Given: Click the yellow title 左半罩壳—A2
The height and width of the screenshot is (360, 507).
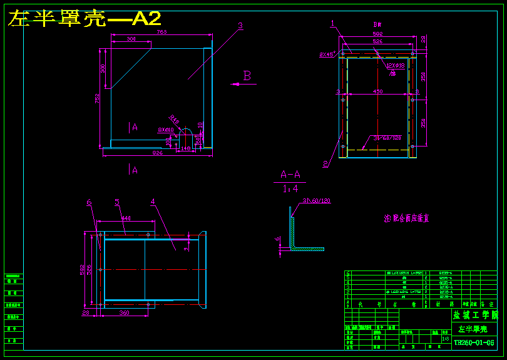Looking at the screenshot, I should [x=84, y=19].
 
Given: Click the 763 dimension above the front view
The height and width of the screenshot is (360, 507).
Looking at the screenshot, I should [x=161, y=32].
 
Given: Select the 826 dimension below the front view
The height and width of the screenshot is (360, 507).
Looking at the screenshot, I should [x=157, y=152].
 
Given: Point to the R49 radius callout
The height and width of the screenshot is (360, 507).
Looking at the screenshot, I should [x=174, y=120].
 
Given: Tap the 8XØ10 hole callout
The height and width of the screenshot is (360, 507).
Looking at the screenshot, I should [x=165, y=130].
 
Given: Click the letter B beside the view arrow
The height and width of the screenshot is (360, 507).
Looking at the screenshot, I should [x=247, y=76].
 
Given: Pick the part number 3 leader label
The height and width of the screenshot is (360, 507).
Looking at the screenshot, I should [x=240, y=26].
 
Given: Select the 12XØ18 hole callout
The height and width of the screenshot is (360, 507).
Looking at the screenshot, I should [x=395, y=65].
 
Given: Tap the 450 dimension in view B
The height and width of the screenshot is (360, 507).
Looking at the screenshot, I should [x=377, y=91].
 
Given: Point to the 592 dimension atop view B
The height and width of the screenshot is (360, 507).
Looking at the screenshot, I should [x=377, y=34].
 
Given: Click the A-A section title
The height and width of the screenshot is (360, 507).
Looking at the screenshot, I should [x=290, y=175].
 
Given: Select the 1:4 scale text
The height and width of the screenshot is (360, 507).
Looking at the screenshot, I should [x=290, y=188].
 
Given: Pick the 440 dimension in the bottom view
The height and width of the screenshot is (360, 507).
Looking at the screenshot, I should [x=126, y=218].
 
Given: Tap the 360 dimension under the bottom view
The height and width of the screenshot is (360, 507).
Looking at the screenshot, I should [x=124, y=312].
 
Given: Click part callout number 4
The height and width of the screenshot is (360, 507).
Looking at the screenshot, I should [x=152, y=202].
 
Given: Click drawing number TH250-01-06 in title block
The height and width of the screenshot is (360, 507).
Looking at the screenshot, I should [x=473, y=342].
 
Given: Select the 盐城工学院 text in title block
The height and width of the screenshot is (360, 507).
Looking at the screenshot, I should [x=474, y=315].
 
